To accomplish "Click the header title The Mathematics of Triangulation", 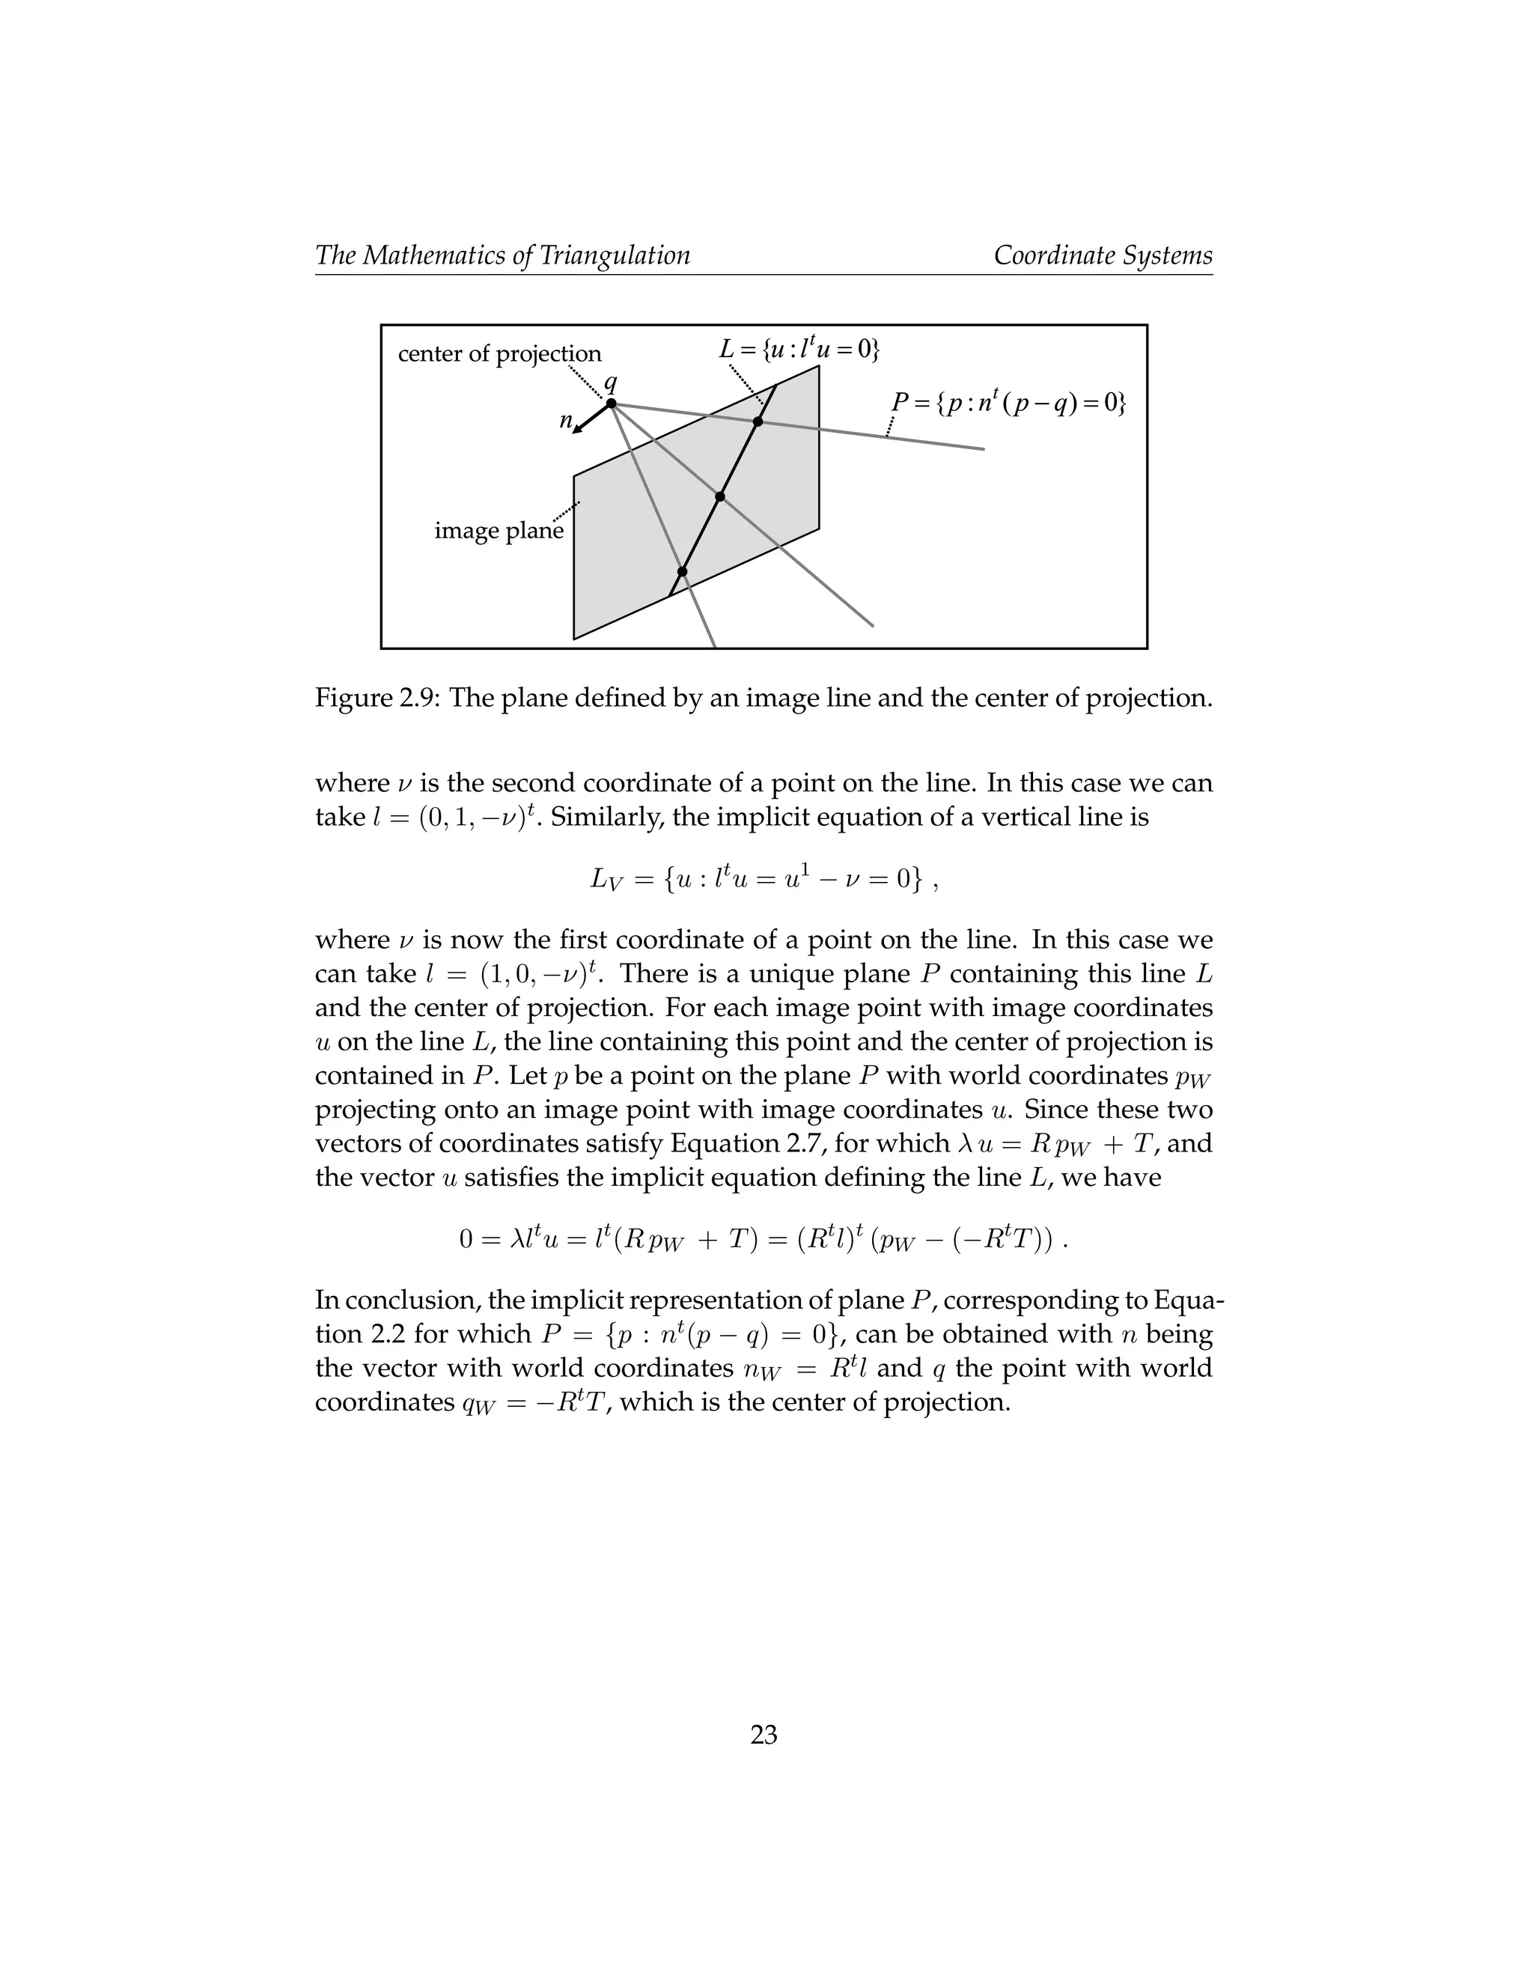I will pyautogui.click(x=502, y=255).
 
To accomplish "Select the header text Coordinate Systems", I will pyautogui.click(x=1103, y=255).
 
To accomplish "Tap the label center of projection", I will pyautogui.click(x=499, y=353).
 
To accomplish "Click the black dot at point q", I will pyautogui.click(x=612, y=404).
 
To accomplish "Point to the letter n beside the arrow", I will pyautogui.click(x=565, y=421).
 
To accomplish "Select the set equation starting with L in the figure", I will pyautogui.click(x=799, y=348).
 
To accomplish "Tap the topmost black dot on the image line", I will pyautogui.click(x=758, y=422).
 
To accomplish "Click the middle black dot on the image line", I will pyautogui.click(x=720, y=497).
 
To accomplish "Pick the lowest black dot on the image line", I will pyautogui.click(x=682, y=571).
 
